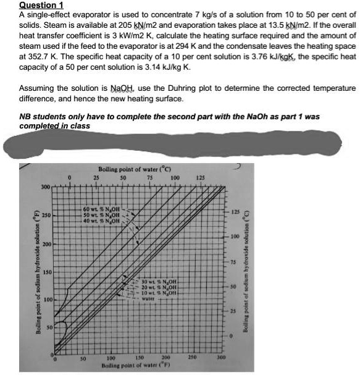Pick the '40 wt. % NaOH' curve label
click(x=103, y=221)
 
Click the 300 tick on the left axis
click(x=45, y=187)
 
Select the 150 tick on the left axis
click(x=45, y=272)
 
